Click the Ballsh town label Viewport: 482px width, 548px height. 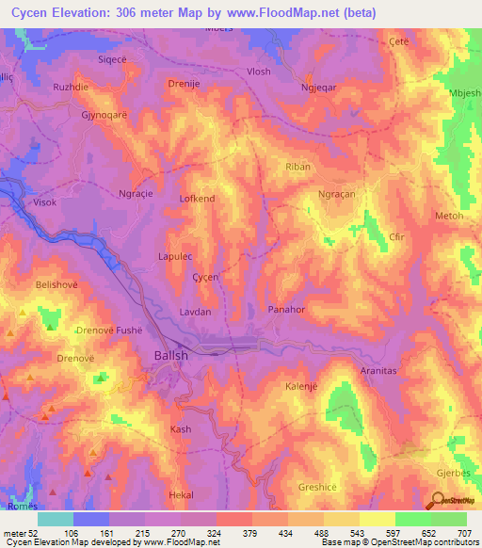click(x=170, y=356)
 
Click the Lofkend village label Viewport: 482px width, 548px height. click(x=197, y=199)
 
